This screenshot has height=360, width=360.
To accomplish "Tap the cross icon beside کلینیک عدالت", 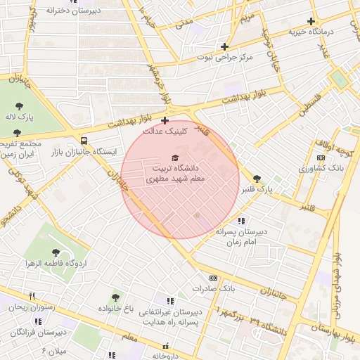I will (x=165, y=120).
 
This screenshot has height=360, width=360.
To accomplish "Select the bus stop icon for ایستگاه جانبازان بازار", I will (x=84, y=139).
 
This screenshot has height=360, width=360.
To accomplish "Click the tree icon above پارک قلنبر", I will (x=257, y=179).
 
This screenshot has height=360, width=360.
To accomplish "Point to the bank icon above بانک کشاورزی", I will (x=321, y=157).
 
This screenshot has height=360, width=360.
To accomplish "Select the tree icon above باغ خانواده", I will (x=115, y=297).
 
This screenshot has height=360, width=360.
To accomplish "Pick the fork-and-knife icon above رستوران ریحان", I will (x=31, y=297).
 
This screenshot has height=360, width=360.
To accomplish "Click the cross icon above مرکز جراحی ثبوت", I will (x=224, y=46).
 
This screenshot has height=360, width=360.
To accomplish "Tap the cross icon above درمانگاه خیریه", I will (x=311, y=21).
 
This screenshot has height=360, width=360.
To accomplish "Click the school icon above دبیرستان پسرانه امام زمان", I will (x=242, y=221).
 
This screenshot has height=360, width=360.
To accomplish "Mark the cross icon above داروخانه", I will (x=167, y=345).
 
